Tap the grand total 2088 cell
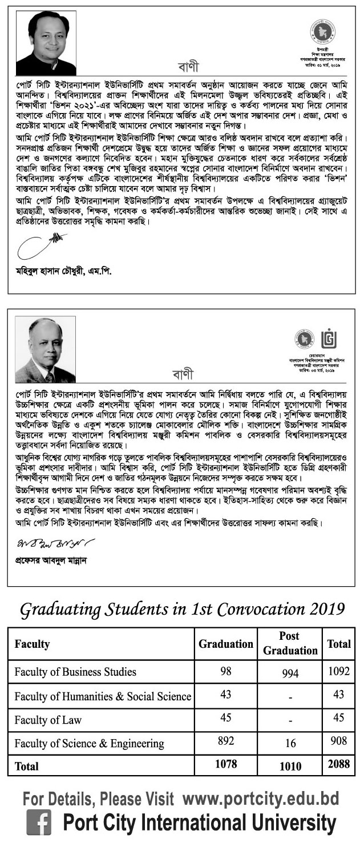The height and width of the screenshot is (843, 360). tap(339, 764)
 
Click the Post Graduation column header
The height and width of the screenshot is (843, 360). tap(290, 643)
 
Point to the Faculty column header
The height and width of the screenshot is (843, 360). tap(32, 644)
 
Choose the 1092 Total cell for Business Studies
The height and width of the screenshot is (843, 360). tap(339, 672)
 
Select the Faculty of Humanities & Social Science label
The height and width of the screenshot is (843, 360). tap(103, 696)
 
